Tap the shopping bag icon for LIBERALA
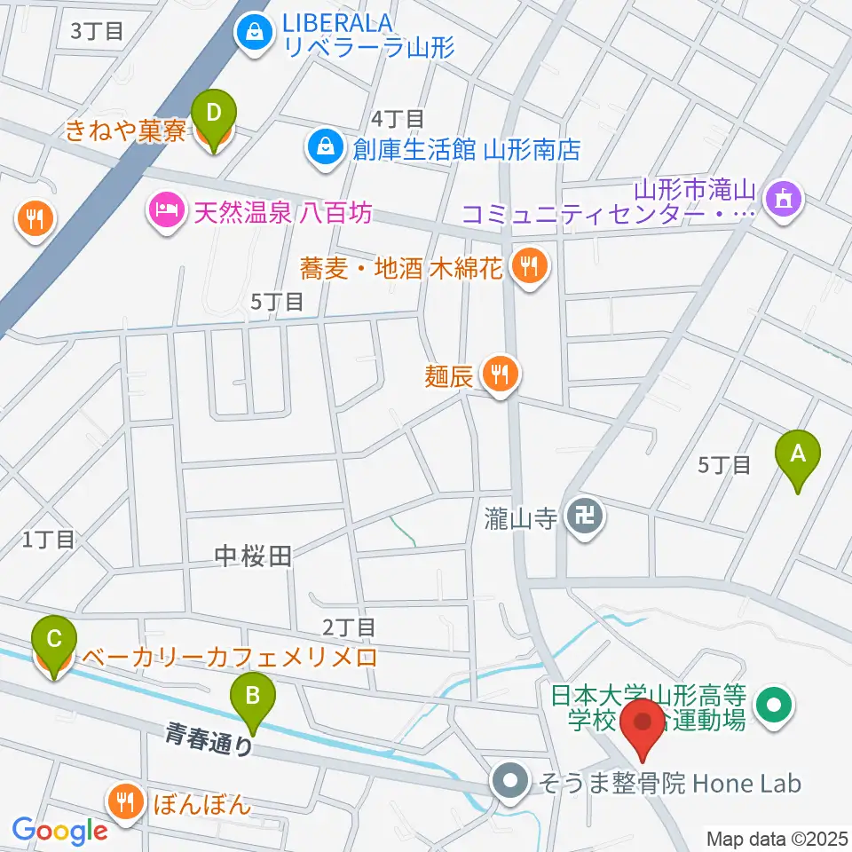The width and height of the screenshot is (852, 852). tap(254, 33)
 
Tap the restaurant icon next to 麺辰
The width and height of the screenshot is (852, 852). tap(501, 374)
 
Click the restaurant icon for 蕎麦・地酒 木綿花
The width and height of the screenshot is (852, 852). tap(530, 265)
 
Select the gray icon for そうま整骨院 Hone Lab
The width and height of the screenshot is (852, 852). tap(509, 782)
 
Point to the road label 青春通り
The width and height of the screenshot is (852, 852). tap(209, 737)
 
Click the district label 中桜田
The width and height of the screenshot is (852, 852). tap(253, 556)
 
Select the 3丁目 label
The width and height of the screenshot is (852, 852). tap(96, 31)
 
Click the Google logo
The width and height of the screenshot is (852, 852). tap(59, 831)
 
